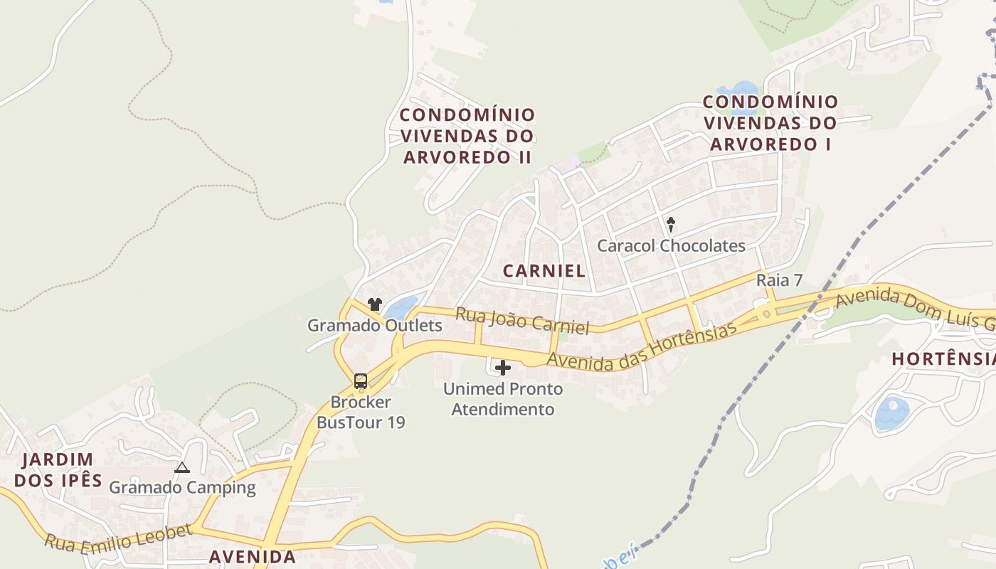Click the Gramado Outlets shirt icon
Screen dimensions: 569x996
pos(375,304)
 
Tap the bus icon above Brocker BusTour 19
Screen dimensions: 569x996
pos(361,381)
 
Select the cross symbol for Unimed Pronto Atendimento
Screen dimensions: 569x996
pos(503,368)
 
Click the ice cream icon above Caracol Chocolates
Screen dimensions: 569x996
pos(670,225)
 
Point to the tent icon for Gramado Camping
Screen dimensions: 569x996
pos(182,468)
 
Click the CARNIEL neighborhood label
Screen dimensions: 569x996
pos(544,270)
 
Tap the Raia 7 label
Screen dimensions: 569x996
pos(779,280)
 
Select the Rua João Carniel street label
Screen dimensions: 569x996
pos(522,321)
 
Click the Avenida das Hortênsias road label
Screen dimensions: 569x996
pos(640,346)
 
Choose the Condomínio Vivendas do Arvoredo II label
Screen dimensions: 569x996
pos(467,136)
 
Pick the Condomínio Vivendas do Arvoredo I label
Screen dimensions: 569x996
pos(771,123)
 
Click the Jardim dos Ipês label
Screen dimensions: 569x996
pos(58,469)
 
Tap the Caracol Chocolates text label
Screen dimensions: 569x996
pos(671,246)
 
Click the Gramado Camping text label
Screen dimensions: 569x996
pos(182,488)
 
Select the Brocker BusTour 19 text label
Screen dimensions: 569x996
pos(361,413)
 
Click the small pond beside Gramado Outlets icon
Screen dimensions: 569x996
pos(401,308)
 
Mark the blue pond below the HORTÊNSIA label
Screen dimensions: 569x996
pos(891,414)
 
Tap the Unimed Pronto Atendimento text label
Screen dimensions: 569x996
pos(503,399)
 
